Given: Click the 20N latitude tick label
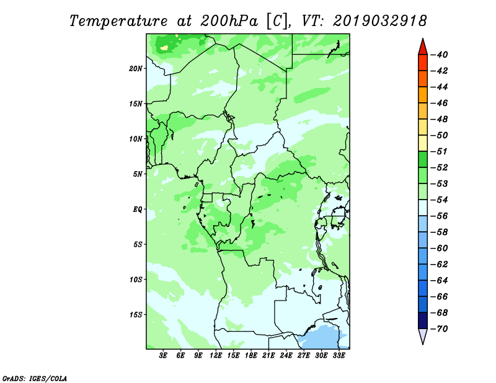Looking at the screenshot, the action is click(136, 68).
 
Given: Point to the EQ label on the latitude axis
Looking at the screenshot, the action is click(138, 209).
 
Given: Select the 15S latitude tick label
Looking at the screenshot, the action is click(136, 315).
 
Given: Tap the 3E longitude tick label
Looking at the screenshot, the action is click(163, 355).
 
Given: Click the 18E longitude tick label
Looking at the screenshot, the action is click(251, 355).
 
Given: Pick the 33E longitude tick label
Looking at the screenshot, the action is click(339, 355).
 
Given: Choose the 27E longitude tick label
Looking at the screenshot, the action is click(304, 355).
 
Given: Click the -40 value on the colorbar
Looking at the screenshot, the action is click(439, 55).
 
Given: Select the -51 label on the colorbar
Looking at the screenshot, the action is click(439, 151).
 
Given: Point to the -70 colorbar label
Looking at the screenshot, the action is click(439, 329).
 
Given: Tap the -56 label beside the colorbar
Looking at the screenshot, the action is click(439, 216).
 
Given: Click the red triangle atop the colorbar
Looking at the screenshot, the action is click(423, 48).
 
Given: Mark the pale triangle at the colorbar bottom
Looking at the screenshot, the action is click(423, 336).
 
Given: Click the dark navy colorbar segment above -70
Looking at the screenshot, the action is click(423, 320).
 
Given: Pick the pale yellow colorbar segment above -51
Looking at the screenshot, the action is click(423, 143).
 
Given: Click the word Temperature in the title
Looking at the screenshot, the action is click(118, 21).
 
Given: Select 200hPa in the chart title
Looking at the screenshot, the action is click(229, 21).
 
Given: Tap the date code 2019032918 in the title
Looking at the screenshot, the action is click(379, 21).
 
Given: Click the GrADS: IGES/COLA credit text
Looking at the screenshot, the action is click(35, 378).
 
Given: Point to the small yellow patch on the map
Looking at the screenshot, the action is click(164, 48).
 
